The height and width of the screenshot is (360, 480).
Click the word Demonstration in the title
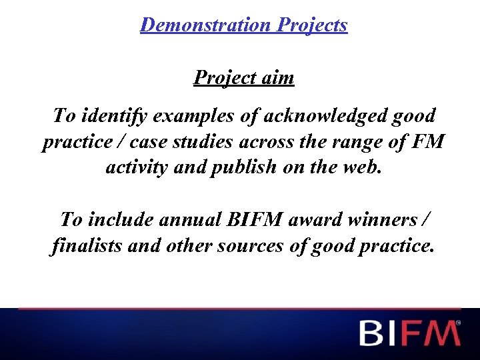[206, 25]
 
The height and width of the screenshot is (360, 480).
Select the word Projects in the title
[312, 25]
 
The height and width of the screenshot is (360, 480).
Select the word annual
[189, 219]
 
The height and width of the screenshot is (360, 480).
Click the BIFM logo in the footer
[408, 333]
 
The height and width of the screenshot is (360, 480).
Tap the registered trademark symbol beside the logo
[458, 323]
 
